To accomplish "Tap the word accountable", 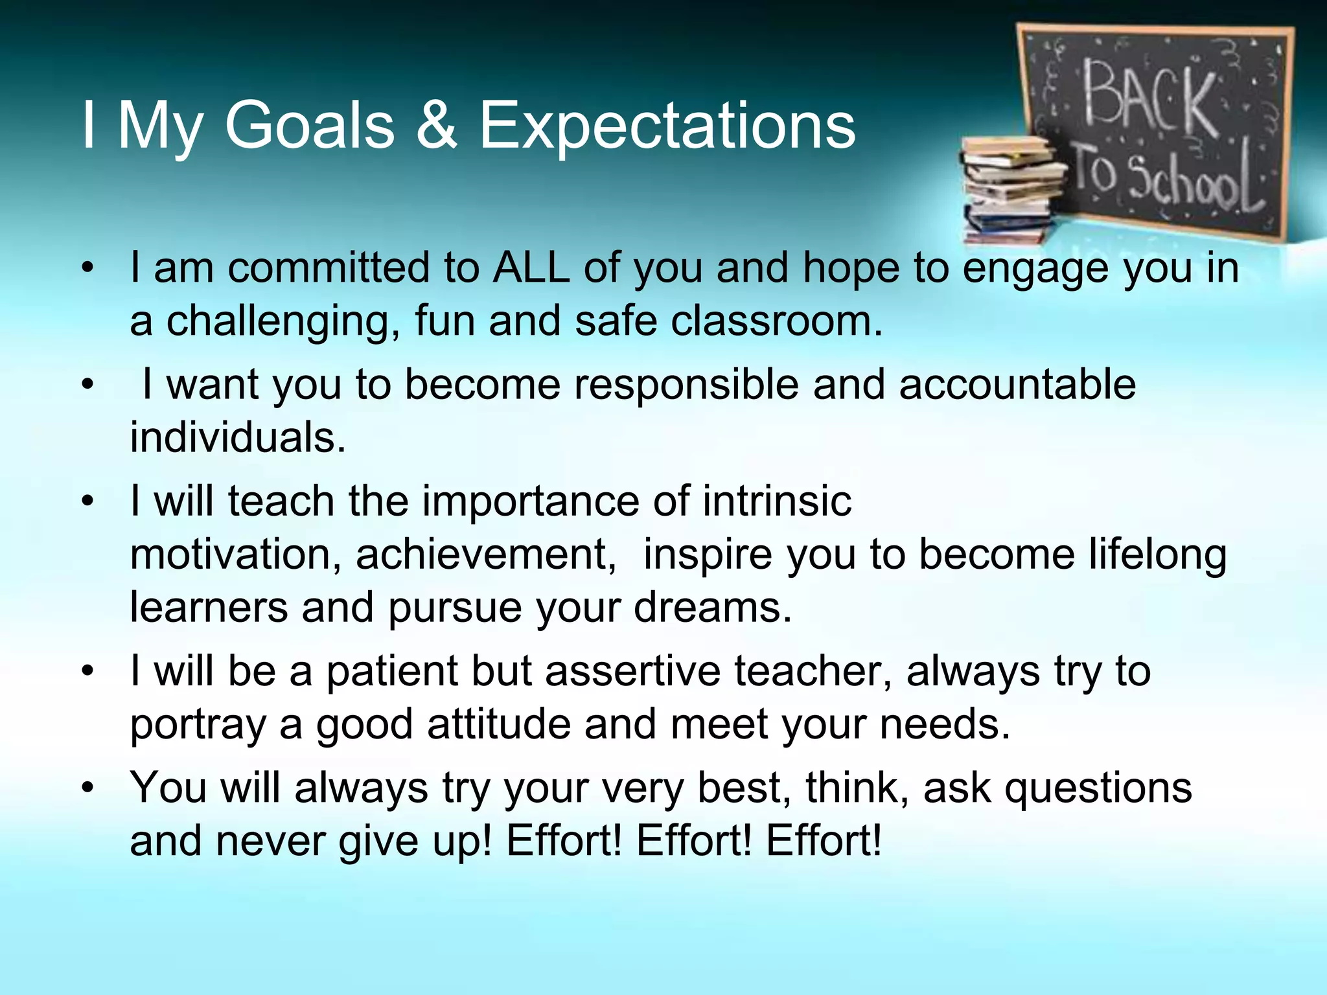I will (1017, 383).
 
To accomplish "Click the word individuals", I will (237, 437).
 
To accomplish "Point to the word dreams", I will (713, 608).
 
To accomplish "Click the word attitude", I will (499, 724).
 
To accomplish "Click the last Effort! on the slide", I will (824, 841).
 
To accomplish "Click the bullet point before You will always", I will (89, 788).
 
